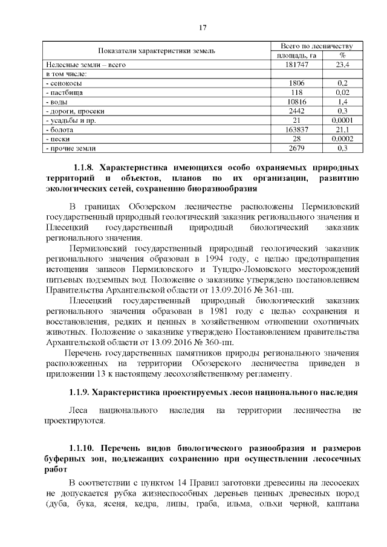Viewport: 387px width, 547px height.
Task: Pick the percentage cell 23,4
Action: coord(342,64)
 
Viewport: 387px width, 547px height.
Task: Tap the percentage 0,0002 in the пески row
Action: coord(342,138)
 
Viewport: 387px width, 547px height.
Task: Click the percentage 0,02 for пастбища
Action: coord(342,92)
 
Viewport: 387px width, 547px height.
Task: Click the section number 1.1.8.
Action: coord(83,167)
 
